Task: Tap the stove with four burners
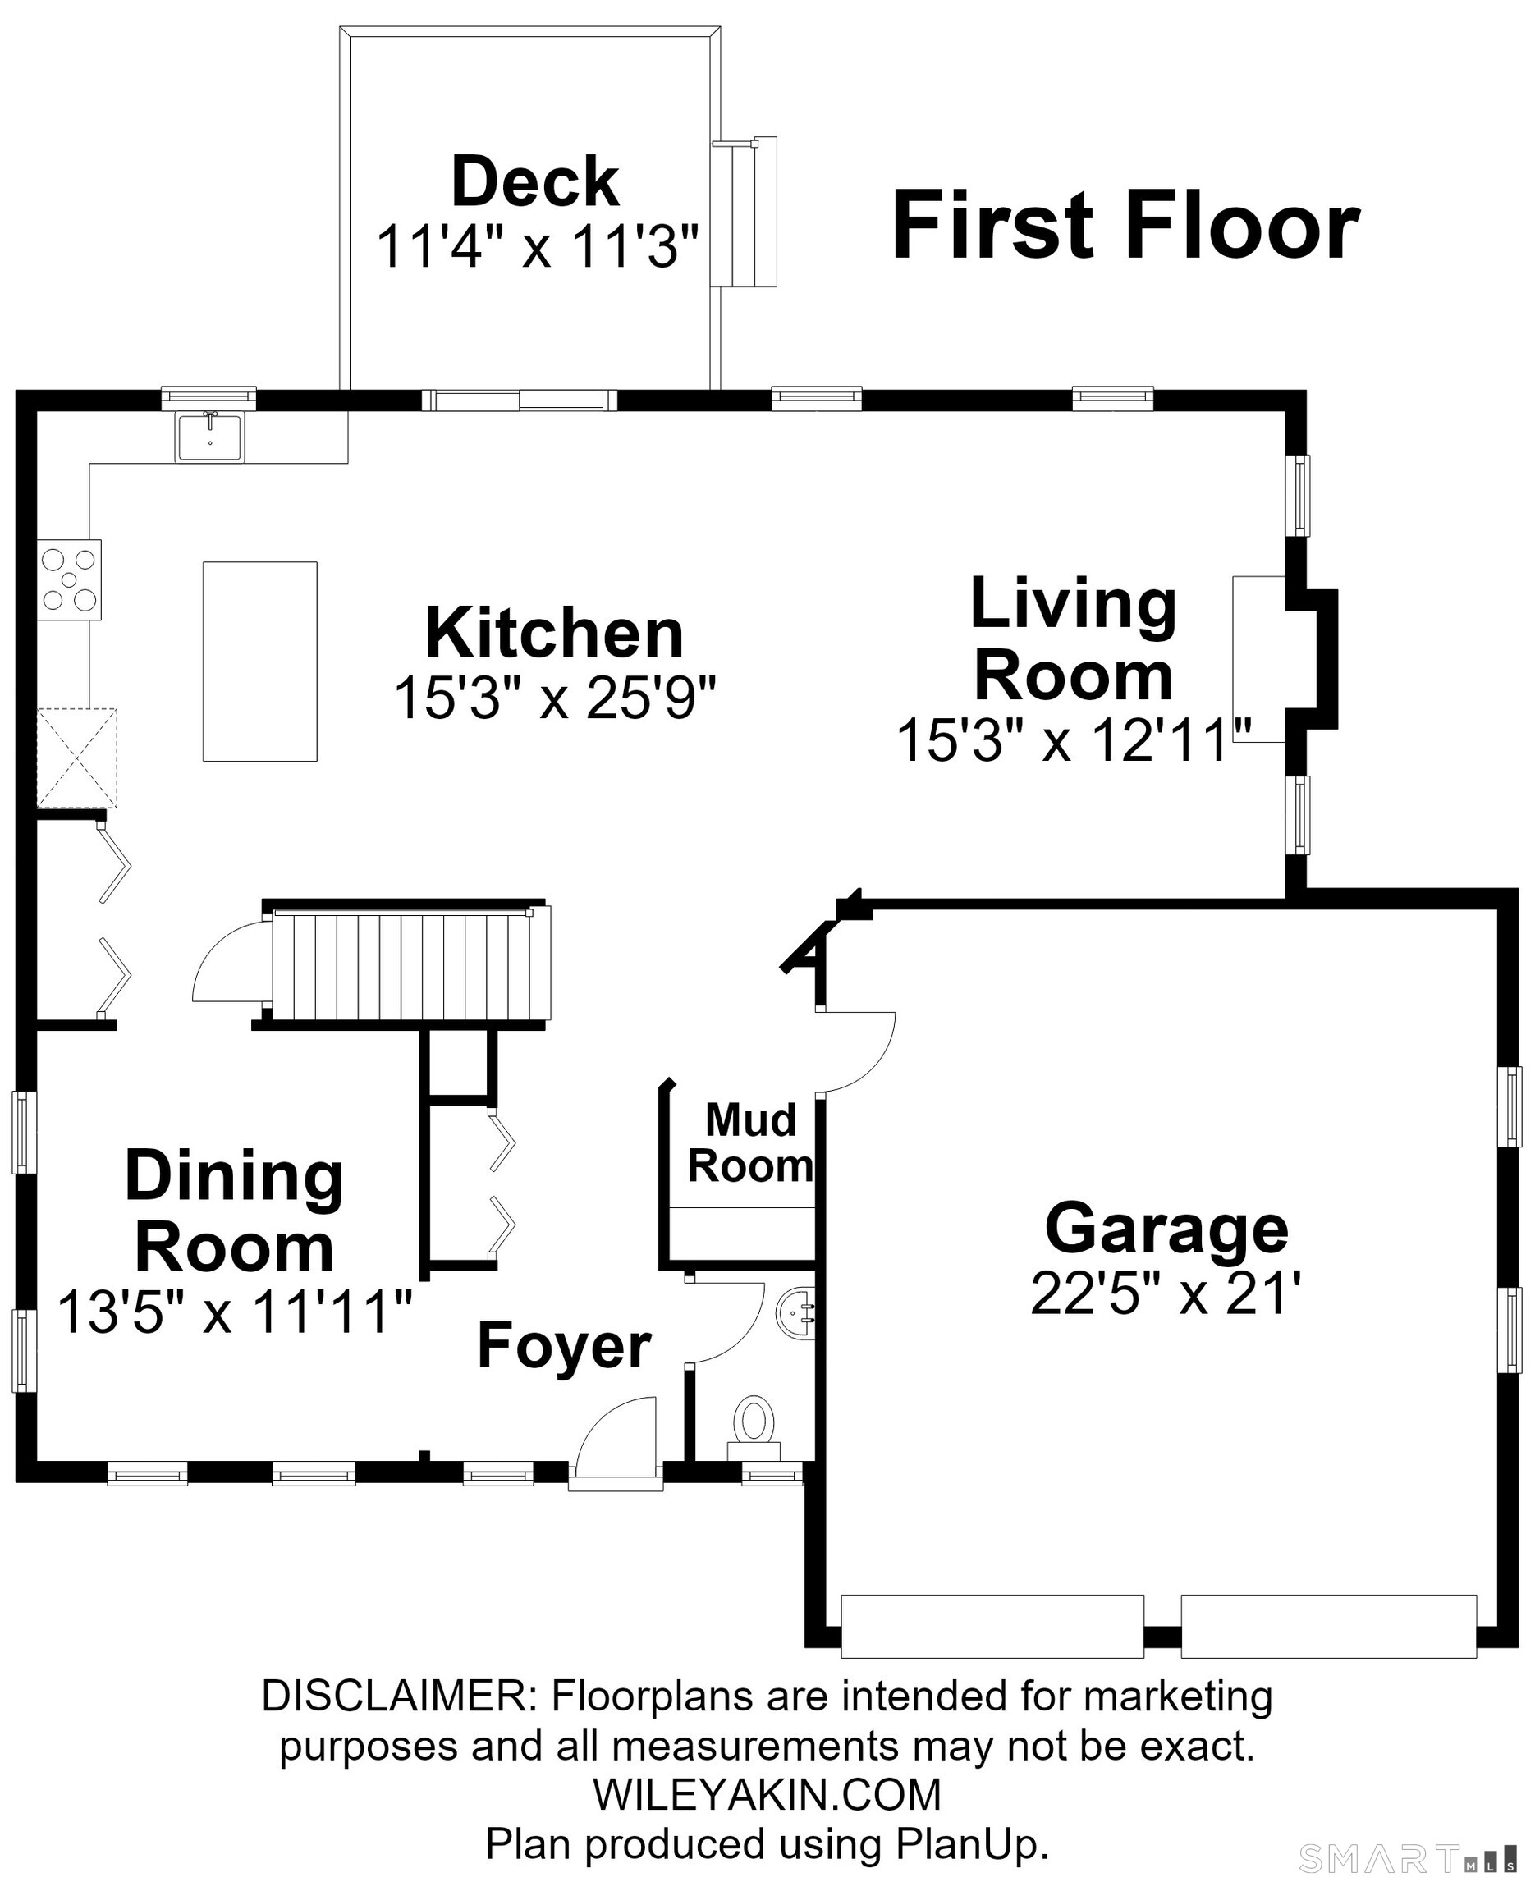click(69, 579)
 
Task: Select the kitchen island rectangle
click(260, 662)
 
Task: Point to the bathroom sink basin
click(795, 1313)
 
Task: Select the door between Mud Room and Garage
click(856, 1052)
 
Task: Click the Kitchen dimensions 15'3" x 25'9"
click(554, 698)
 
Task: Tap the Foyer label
click(564, 1346)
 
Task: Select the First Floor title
click(1125, 227)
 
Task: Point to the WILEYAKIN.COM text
click(767, 1794)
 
